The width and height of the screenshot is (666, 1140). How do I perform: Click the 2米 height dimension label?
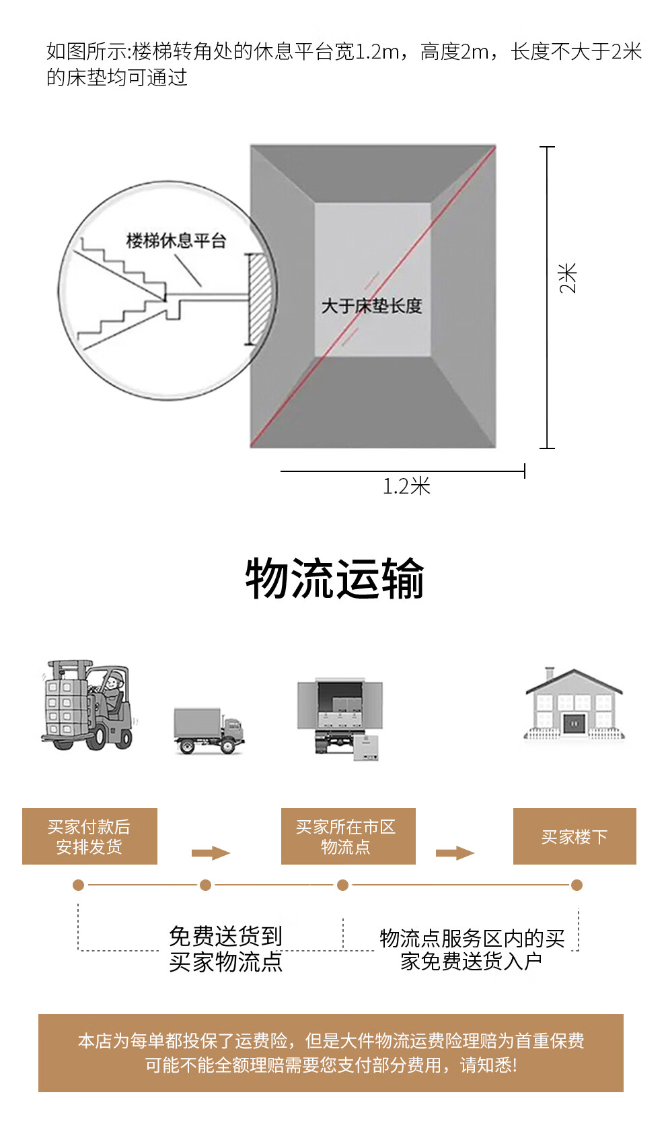(568, 277)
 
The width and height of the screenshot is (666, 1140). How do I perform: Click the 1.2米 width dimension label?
(406, 486)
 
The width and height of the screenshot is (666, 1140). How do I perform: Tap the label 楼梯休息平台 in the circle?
(176, 240)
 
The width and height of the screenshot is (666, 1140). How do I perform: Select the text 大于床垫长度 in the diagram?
(371, 306)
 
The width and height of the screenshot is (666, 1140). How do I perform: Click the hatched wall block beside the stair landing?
(259, 299)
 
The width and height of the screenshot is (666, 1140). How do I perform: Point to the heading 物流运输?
(334, 578)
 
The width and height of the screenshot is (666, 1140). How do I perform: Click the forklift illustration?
(88, 705)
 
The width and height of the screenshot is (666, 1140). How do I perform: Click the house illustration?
(574, 704)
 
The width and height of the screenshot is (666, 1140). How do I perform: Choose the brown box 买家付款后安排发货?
(89, 836)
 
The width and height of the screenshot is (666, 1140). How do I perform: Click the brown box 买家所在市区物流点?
(348, 836)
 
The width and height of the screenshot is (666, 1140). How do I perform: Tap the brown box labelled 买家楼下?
(575, 836)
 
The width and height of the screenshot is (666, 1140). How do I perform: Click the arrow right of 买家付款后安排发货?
(211, 853)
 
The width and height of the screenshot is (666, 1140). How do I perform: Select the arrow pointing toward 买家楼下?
(455, 853)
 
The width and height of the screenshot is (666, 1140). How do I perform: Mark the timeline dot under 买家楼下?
(577, 885)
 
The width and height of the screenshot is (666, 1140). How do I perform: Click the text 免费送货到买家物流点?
(225, 949)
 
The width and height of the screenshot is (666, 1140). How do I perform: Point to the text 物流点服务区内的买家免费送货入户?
(472, 949)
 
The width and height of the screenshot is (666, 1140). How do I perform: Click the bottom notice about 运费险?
(331, 1052)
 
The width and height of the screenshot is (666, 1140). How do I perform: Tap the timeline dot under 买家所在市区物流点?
(343, 885)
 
